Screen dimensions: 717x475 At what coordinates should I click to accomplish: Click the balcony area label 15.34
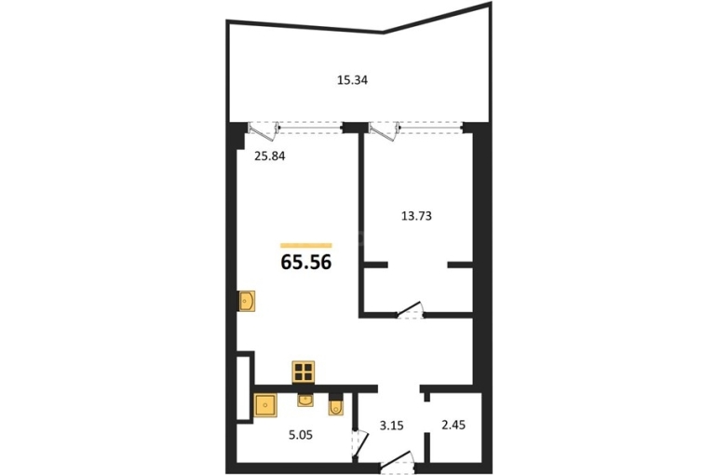click(x=352, y=80)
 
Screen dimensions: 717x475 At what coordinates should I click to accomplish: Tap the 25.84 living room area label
click(x=270, y=156)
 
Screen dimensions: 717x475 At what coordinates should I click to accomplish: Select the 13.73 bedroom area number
click(x=416, y=216)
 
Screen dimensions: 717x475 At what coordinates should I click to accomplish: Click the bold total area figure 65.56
click(x=306, y=263)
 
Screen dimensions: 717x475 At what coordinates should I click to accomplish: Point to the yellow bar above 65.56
click(x=306, y=246)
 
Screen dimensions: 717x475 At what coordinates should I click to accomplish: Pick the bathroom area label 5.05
click(x=301, y=435)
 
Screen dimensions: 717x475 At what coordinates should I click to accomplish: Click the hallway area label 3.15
click(x=391, y=426)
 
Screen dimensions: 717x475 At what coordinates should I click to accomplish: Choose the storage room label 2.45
click(x=453, y=425)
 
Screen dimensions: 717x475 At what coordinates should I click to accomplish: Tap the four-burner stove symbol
click(x=304, y=372)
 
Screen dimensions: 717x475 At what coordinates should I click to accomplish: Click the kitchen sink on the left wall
click(x=247, y=301)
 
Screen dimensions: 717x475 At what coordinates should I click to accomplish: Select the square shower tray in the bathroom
click(x=265, y=405)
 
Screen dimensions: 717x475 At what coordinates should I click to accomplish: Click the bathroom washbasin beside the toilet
click(x=305, y=400)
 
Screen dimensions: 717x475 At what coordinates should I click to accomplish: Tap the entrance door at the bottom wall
click(x=397, y=460)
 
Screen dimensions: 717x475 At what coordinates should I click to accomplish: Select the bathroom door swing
click(x=359, y=442)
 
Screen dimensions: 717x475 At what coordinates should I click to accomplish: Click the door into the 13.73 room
click(x=410, y=309)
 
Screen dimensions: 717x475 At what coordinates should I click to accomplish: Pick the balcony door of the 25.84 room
click(x=264, y=131)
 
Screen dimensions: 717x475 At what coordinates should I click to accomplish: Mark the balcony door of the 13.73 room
click(x=385, y=131)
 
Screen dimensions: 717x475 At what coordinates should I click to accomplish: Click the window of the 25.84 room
click(x=310, y=128)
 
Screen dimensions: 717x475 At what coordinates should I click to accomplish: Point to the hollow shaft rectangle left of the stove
click(x=244, y=387)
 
